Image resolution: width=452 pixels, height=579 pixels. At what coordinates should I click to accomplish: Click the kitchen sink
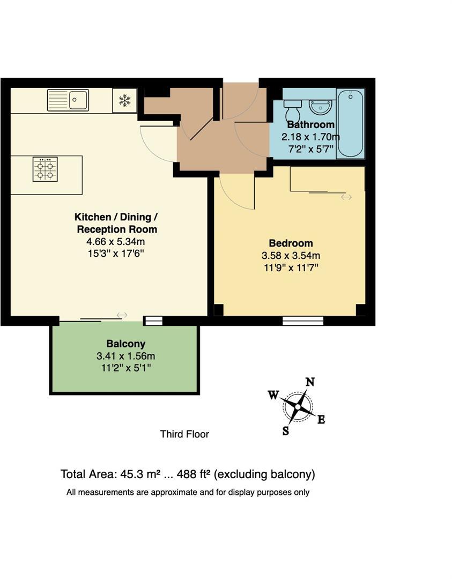click(x=68, y=100)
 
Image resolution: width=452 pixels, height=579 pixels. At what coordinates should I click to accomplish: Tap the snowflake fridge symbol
click(x=124, y=100)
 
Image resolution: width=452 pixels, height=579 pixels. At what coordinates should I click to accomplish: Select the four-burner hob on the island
click(x=45, y=169)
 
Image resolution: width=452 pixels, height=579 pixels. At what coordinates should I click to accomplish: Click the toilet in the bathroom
click(x=293, y=111)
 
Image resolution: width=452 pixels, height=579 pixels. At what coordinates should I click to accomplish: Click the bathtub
click(x=350, y=123)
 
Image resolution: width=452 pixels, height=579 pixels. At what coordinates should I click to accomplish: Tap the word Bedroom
click(x=291, y=243)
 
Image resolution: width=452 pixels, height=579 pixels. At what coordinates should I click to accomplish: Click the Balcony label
click(x=125, y=344)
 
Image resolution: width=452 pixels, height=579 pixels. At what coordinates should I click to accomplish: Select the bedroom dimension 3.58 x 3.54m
click(x=291, y=256)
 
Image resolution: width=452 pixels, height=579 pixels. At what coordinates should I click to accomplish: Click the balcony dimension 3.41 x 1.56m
click(x=125, y=356)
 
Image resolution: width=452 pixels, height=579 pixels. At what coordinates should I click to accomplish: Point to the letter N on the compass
click(x=309, y=382)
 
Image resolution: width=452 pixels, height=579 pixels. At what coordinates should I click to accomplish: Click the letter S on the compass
click(x=286, y=430)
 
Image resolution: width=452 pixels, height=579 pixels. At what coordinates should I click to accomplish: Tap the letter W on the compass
click(x=273, y=395)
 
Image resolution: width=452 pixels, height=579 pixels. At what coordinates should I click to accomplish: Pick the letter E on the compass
click(x=321, y=420)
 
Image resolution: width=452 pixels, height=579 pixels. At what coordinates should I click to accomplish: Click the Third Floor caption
click(x=184, y=434)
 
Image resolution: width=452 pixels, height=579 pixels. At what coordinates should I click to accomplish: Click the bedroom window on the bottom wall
click(x=303, y=321)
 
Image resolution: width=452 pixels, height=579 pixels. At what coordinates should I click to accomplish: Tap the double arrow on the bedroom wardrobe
click(x=346, y=197)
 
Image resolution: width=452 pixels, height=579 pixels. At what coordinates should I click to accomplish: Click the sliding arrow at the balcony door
click(x=122, y=315)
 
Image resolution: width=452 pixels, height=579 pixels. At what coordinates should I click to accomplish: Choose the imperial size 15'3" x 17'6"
click(x=116, y=253)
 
